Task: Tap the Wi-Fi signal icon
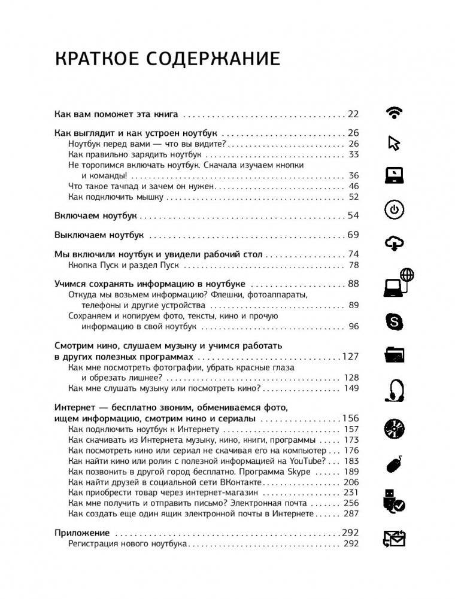394,112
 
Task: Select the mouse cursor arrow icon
394,144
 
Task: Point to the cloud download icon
394,243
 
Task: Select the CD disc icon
394,428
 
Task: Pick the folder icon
394,355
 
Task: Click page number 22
353,114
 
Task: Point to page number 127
350,357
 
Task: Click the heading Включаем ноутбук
96,215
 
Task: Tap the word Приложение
82,533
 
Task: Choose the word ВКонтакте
239,482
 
